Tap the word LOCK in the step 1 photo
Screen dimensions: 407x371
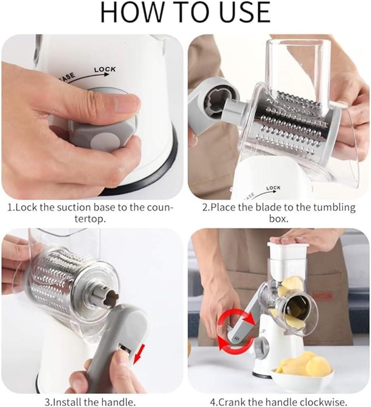point(105,69)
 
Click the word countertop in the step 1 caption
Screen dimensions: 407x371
point(90,219)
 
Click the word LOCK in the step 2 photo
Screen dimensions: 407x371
point(273,188)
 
